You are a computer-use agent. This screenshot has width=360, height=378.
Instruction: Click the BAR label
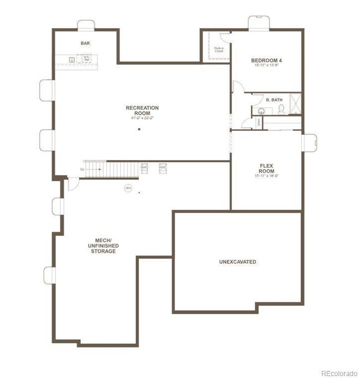click(85, 43)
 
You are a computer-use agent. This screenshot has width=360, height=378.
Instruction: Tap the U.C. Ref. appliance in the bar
click(86, 57)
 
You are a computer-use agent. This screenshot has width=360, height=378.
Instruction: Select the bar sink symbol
click(72, 58)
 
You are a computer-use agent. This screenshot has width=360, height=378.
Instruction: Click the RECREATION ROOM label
click(142, 110)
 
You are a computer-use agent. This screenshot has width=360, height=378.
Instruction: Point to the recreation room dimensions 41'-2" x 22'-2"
click(142, 118)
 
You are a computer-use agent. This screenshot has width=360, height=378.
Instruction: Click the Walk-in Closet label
click(219, 49)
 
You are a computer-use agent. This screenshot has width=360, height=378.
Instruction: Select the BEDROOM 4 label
click(266, 60)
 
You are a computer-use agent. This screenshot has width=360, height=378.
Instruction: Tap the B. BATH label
click(274, 100)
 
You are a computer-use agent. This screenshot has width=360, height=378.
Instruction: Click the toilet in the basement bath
click(281, 109)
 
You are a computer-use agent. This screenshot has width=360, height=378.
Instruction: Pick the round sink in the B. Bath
click(263, 110)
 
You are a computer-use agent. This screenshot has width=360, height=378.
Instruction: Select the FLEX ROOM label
click(266, 168)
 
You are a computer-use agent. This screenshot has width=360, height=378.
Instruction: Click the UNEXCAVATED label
click(238, 262)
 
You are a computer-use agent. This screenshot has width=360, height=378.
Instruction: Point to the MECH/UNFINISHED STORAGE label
click(104, 246)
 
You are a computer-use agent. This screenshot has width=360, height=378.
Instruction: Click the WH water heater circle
click(128, 188)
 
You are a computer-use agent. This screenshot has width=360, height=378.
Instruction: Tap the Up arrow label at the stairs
click(82, 169)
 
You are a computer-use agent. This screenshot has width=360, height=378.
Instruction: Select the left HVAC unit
click(145, 167)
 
